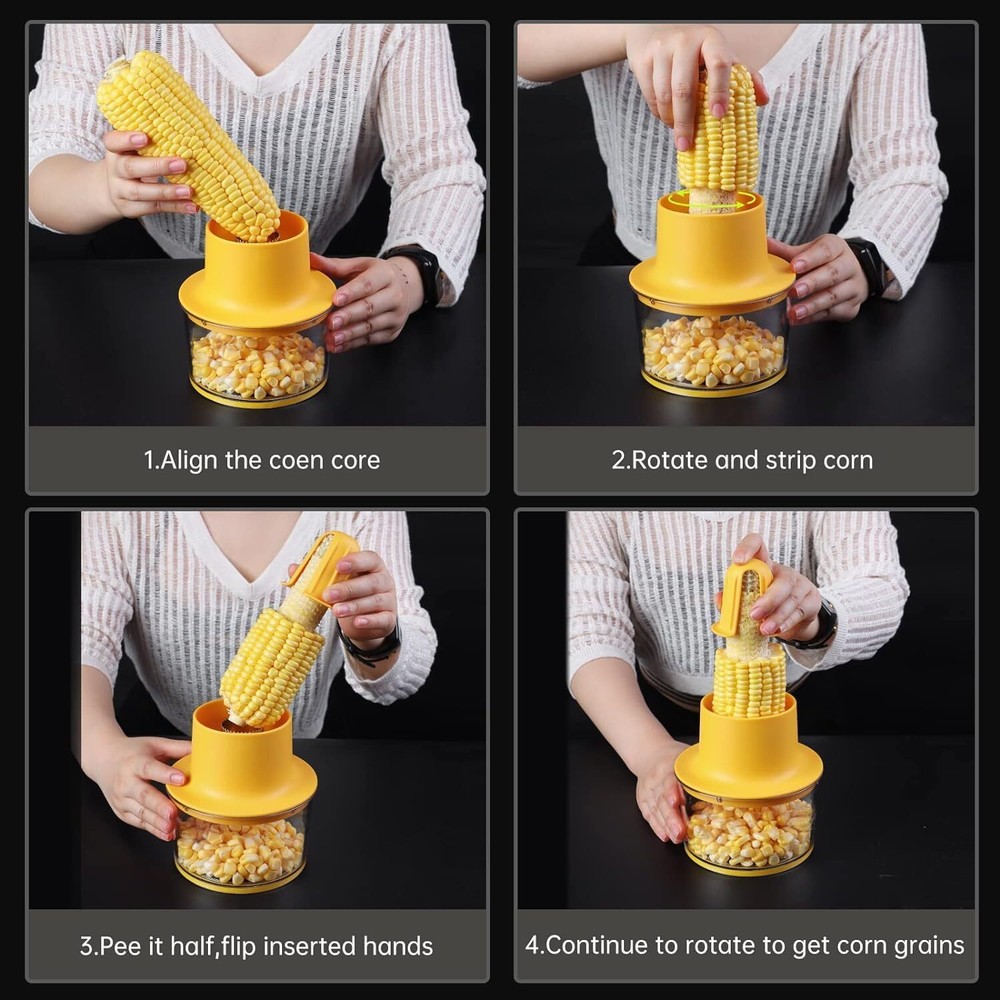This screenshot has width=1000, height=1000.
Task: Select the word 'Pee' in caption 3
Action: coord(118,946)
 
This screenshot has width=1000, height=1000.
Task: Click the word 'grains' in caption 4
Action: coord(928,946)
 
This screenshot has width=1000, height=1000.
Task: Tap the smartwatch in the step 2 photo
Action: coord(867,265)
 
